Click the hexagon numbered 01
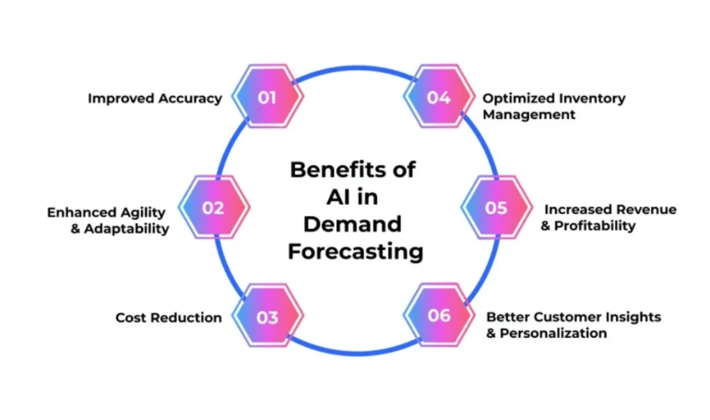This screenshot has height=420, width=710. point(267,96)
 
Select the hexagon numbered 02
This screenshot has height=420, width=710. point(213,208)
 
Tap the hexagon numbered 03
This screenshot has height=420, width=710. point(267,318)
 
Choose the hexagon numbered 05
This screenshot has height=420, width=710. point(496,208)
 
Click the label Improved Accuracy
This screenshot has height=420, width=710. point(155,98)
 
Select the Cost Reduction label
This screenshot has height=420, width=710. point(169,318)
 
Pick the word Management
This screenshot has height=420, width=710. point(529,114)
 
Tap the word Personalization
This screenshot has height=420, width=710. point(553,333)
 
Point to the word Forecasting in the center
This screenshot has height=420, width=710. point(355,251)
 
